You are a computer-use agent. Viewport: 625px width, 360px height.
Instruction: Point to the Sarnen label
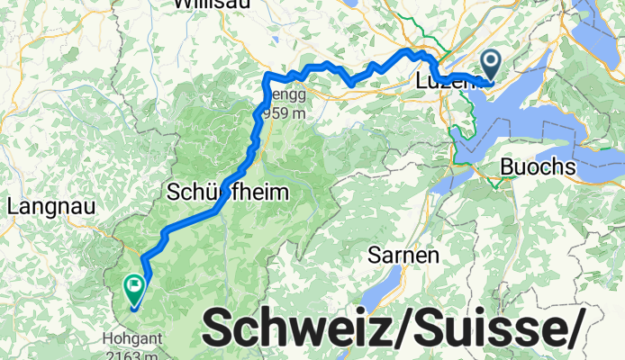(x=403, y=255)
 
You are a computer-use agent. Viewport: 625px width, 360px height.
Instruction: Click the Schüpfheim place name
(x=228, y=192)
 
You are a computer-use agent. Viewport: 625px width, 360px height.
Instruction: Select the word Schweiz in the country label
(x=294, y=328)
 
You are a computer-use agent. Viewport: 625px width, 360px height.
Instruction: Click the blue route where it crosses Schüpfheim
(x=219, y=208)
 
